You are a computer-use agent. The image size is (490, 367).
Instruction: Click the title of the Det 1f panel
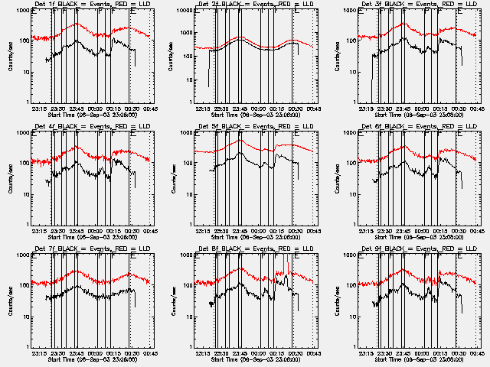coord(88,4)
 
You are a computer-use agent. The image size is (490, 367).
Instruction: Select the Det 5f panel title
coord(251,126)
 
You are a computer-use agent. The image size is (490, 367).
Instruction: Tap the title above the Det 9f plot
coord(414,248)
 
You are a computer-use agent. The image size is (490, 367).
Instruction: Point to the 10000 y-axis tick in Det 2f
coord(180,11)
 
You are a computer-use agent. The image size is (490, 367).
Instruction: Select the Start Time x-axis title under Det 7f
coord(87,359)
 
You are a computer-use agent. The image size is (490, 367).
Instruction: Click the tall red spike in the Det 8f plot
coord(284,264)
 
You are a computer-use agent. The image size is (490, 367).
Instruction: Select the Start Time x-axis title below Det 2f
coord(250,114)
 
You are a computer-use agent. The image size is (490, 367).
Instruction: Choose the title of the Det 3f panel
coord(414,4)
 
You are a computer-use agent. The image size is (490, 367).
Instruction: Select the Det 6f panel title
coord(414,126)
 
